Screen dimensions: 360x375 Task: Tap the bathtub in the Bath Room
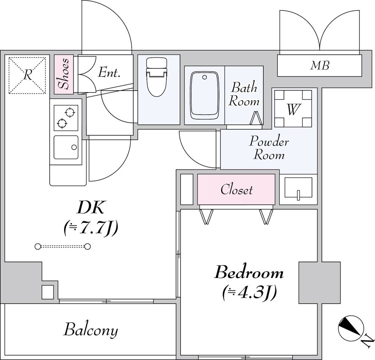pyautogui.click(x=204, y=95)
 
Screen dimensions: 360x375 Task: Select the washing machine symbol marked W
pyautogui.click(x=293, y=109)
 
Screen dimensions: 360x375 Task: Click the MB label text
pyautogui.click(x=320, y=66)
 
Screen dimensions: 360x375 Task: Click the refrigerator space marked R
pyautogui.click(x=27, y=75)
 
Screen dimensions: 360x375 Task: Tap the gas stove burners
pyautogui.click(x=65, y=118)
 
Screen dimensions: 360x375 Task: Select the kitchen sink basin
pyautogui.click(x=65, y=147)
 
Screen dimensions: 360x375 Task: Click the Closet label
pyautogui.click(x=236, y=190)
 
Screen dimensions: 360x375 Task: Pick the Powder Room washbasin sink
pyautogui.click(x=298, y=188)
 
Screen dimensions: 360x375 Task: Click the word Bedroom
pyautogui.click(x=249, y=272)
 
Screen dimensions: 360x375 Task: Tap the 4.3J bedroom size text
pyautogui.click(x=250, y=292)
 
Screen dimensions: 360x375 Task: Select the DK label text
pyautogui.click(x=90, y=208)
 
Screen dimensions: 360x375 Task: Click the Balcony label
pyautogui.click(x=91, y=330)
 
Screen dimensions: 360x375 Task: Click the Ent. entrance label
pyautogui.click(x=109, y=72)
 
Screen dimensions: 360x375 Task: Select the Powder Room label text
pyautogui.click(x=269, y=148)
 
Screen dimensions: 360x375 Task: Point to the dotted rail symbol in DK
pyautogui.click(x=62, y=246)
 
